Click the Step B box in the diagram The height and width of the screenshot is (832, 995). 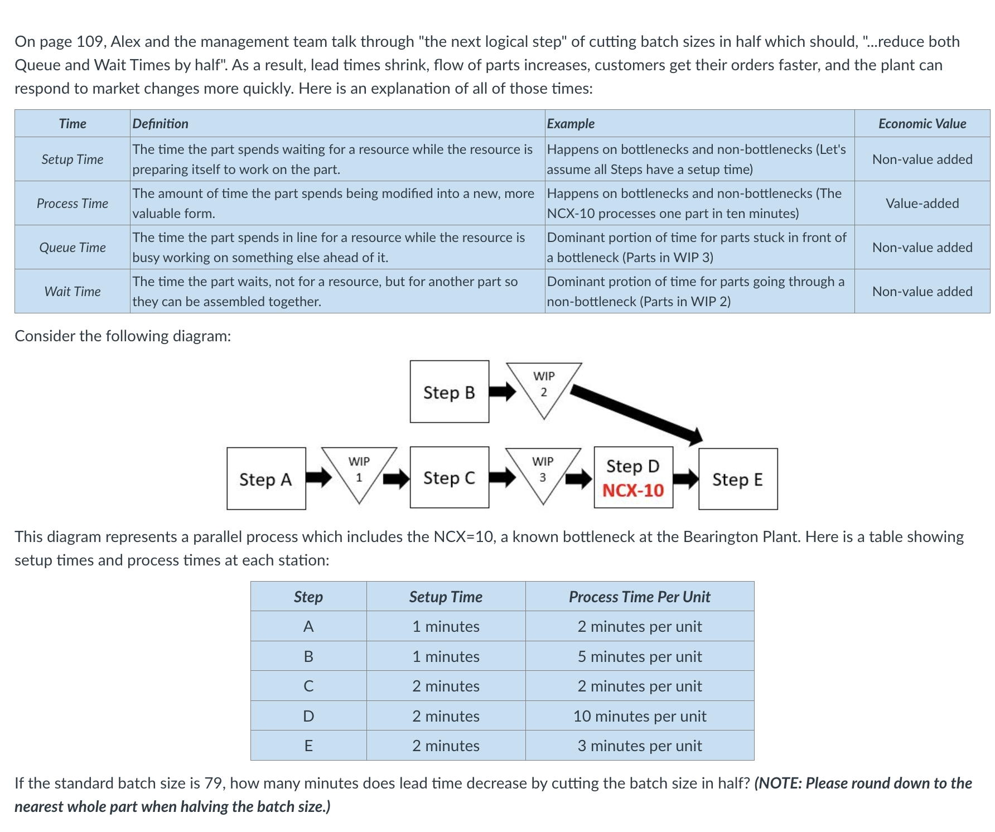pos(449,391)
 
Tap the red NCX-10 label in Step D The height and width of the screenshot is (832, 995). pos(633,490)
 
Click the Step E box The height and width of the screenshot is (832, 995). pos(737,479)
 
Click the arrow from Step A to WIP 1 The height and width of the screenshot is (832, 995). pos(318,477)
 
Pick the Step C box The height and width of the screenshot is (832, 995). pos(449,477)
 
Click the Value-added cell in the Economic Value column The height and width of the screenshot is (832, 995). pos(922,204)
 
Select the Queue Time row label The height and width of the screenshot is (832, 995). pos(73,248)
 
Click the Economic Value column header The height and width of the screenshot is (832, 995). pos(922,124)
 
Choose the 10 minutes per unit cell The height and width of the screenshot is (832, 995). pos(640,716)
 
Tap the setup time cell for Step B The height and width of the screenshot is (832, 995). pos(446,656)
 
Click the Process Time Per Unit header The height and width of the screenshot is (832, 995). pos(640,597)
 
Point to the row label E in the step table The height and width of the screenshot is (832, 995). pos(308,746)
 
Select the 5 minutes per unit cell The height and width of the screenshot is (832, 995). pos(640,656)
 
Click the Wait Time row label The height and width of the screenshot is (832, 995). pos(73,292)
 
